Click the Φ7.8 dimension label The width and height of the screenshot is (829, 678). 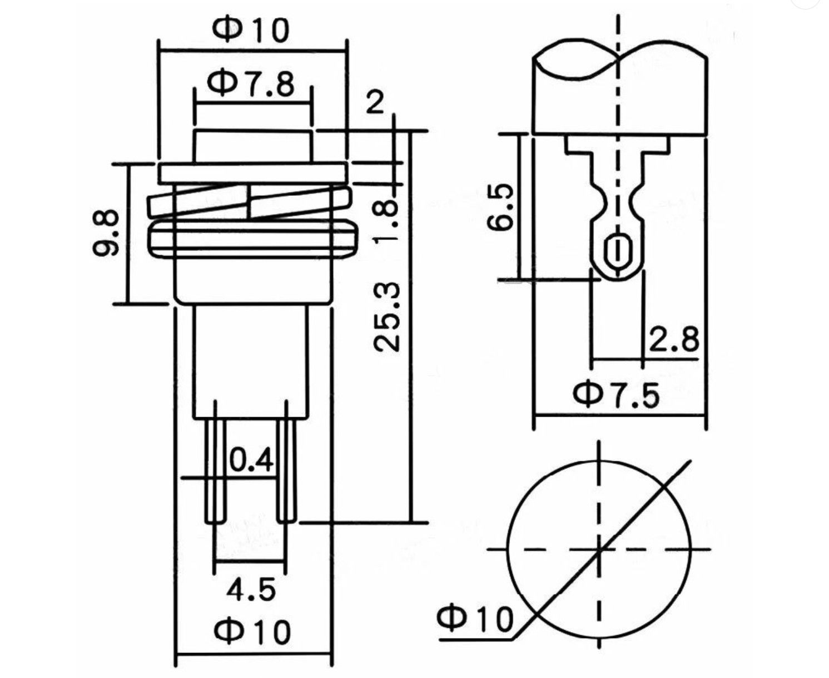251,85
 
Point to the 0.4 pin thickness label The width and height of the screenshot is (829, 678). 251,461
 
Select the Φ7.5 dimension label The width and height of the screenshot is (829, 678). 617,394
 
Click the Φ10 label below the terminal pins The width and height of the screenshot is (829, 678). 253,631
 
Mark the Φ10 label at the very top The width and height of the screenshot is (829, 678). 252,30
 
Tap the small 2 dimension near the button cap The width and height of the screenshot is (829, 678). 375,103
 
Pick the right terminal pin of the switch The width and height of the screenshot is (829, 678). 287,470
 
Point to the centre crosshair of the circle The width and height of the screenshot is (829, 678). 599,550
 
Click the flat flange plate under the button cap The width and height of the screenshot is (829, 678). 252,172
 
